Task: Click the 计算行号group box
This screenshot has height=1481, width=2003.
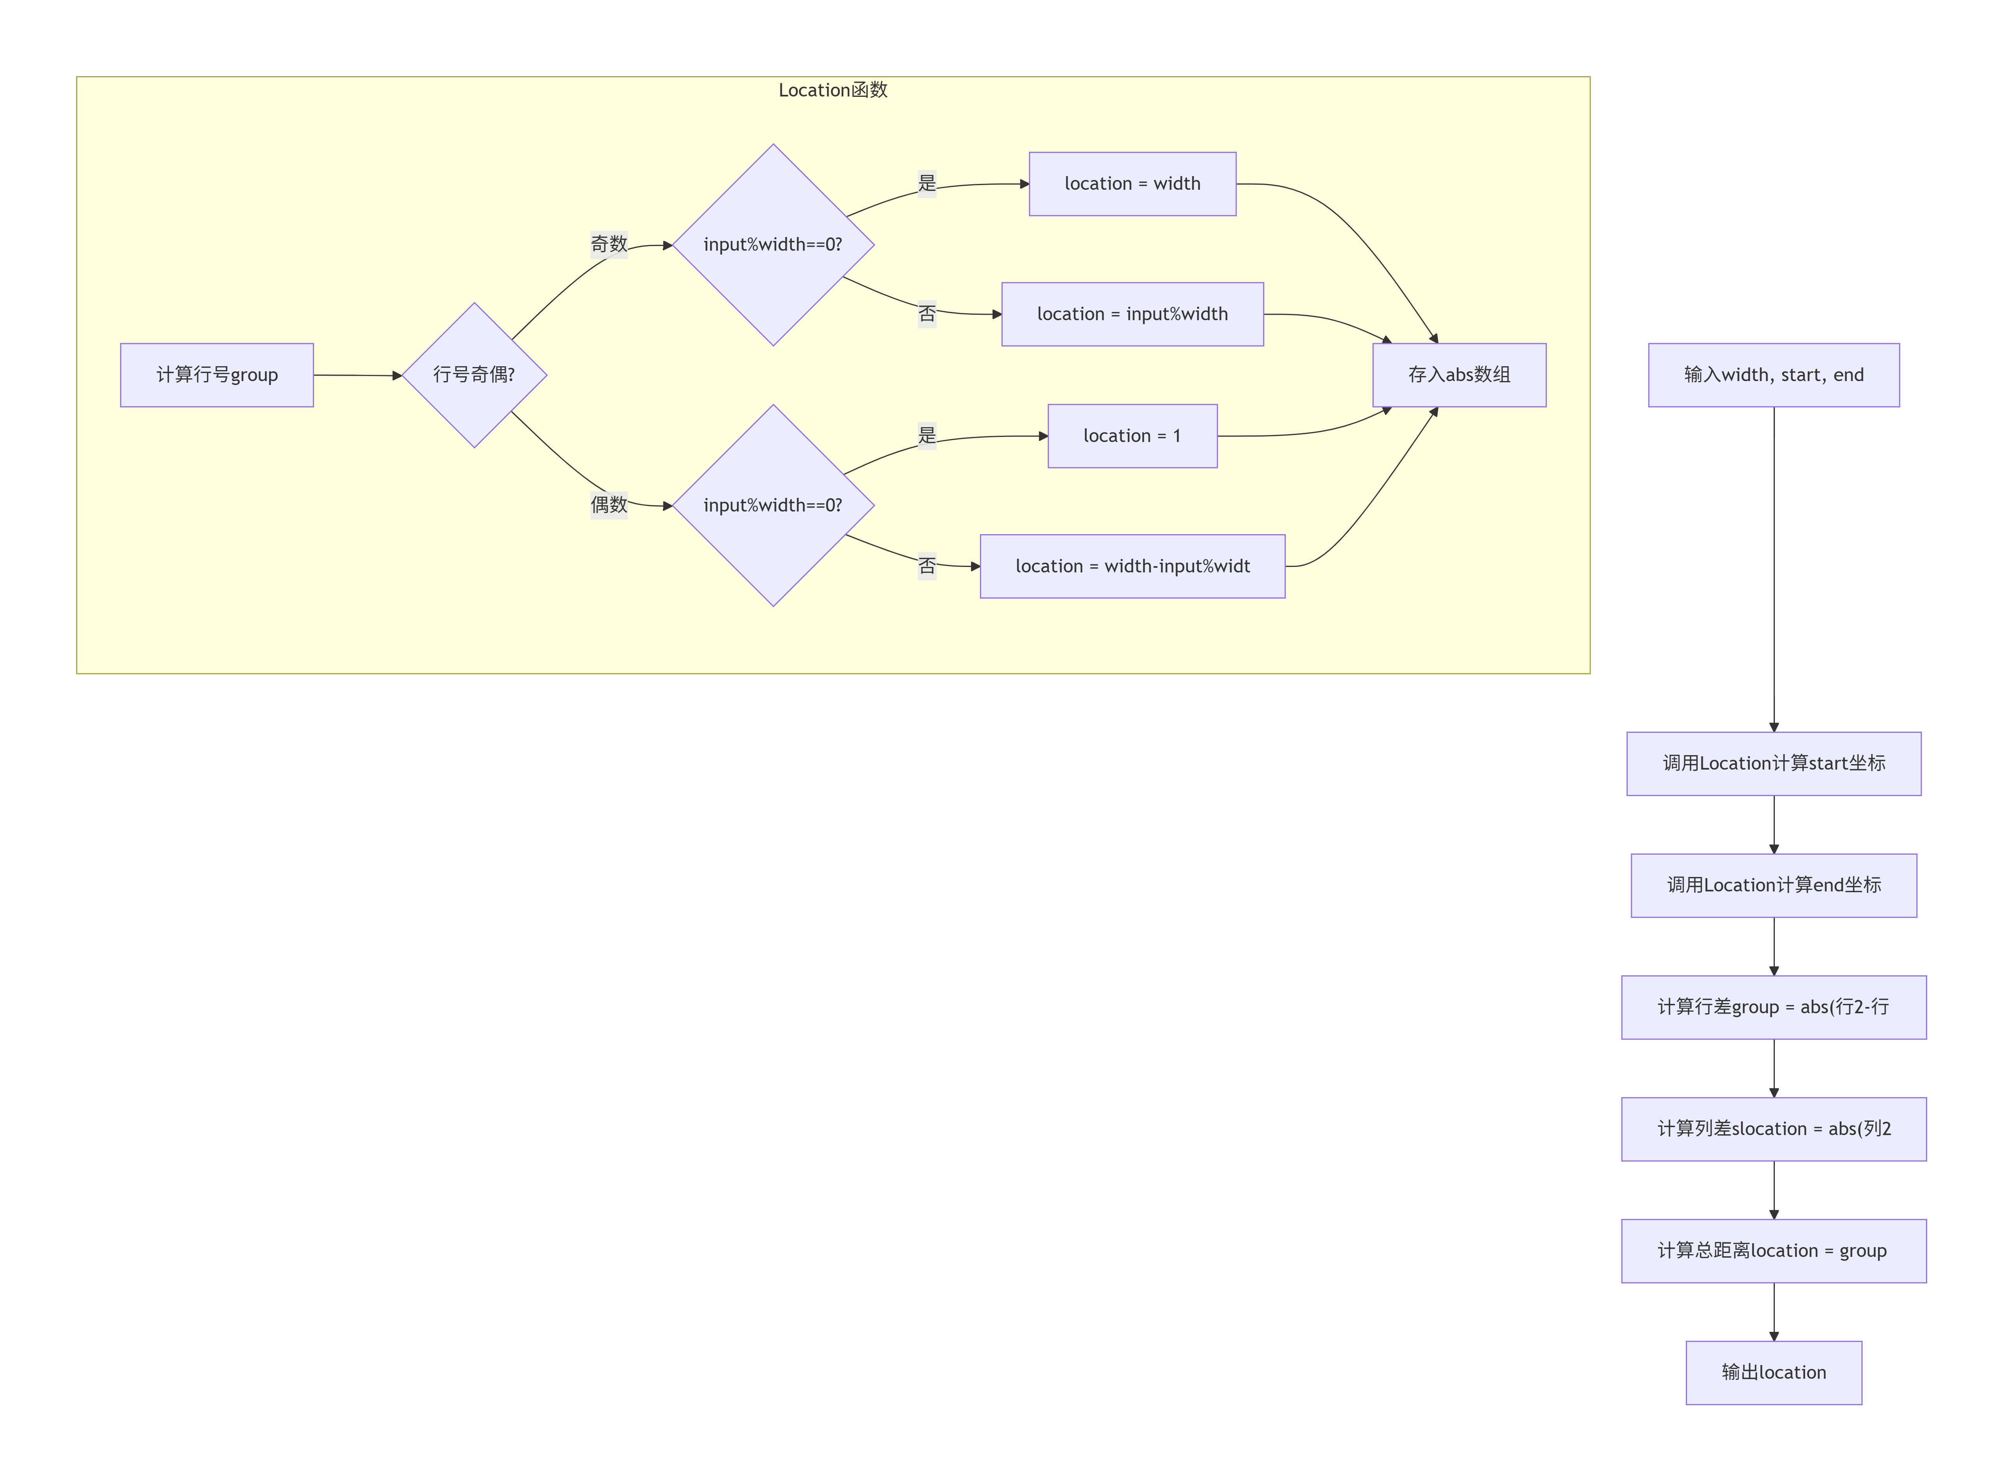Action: click(x=217, y=375)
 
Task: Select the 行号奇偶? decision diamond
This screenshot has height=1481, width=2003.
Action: click(x=474, y=375)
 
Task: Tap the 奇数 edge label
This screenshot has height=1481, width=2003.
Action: click(x=609, y=244)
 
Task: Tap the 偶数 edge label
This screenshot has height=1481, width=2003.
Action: click(x=609, y=505)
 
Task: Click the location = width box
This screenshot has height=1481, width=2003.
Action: click(x=1132, y=184)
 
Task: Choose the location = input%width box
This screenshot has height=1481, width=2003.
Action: click(x=1132, y=314)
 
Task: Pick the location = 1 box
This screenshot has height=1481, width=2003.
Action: click(x=1132, y=436)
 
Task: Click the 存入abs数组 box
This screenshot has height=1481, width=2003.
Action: click(x=1460, y=375)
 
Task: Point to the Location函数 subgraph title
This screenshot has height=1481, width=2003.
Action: click(x=833, y=90)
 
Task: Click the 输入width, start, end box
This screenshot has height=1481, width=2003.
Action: click(x=1773, y=375)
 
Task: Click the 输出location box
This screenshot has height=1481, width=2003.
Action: click(x=1773, y=1372)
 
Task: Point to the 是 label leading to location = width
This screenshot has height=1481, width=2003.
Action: click(x=927, y=184)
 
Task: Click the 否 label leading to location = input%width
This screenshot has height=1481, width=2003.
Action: click(x=927, y=314)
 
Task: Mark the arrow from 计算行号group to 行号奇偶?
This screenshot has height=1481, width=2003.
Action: click(x=358, y=375)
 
